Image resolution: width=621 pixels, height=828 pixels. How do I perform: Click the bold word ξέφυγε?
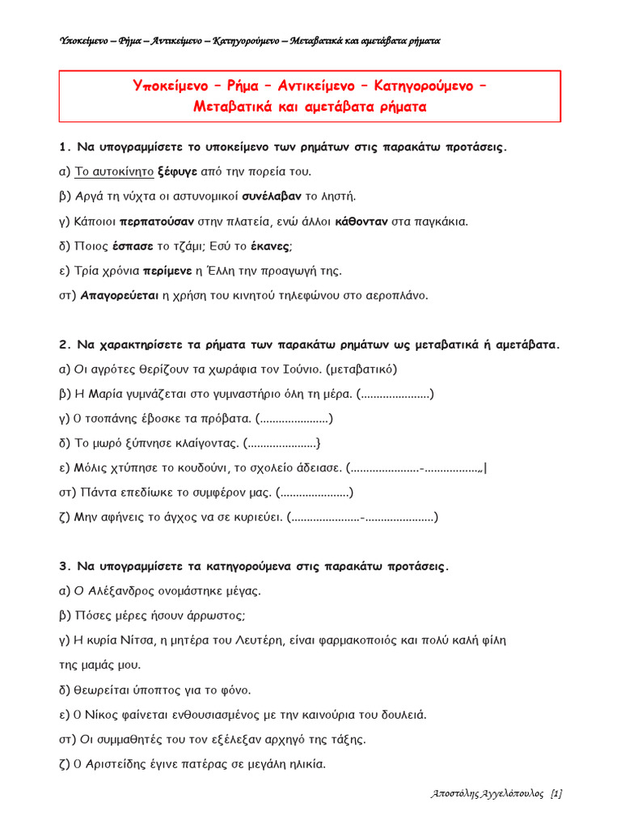175,171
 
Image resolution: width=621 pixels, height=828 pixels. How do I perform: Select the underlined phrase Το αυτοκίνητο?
114,171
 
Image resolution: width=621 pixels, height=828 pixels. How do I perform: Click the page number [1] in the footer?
556,794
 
